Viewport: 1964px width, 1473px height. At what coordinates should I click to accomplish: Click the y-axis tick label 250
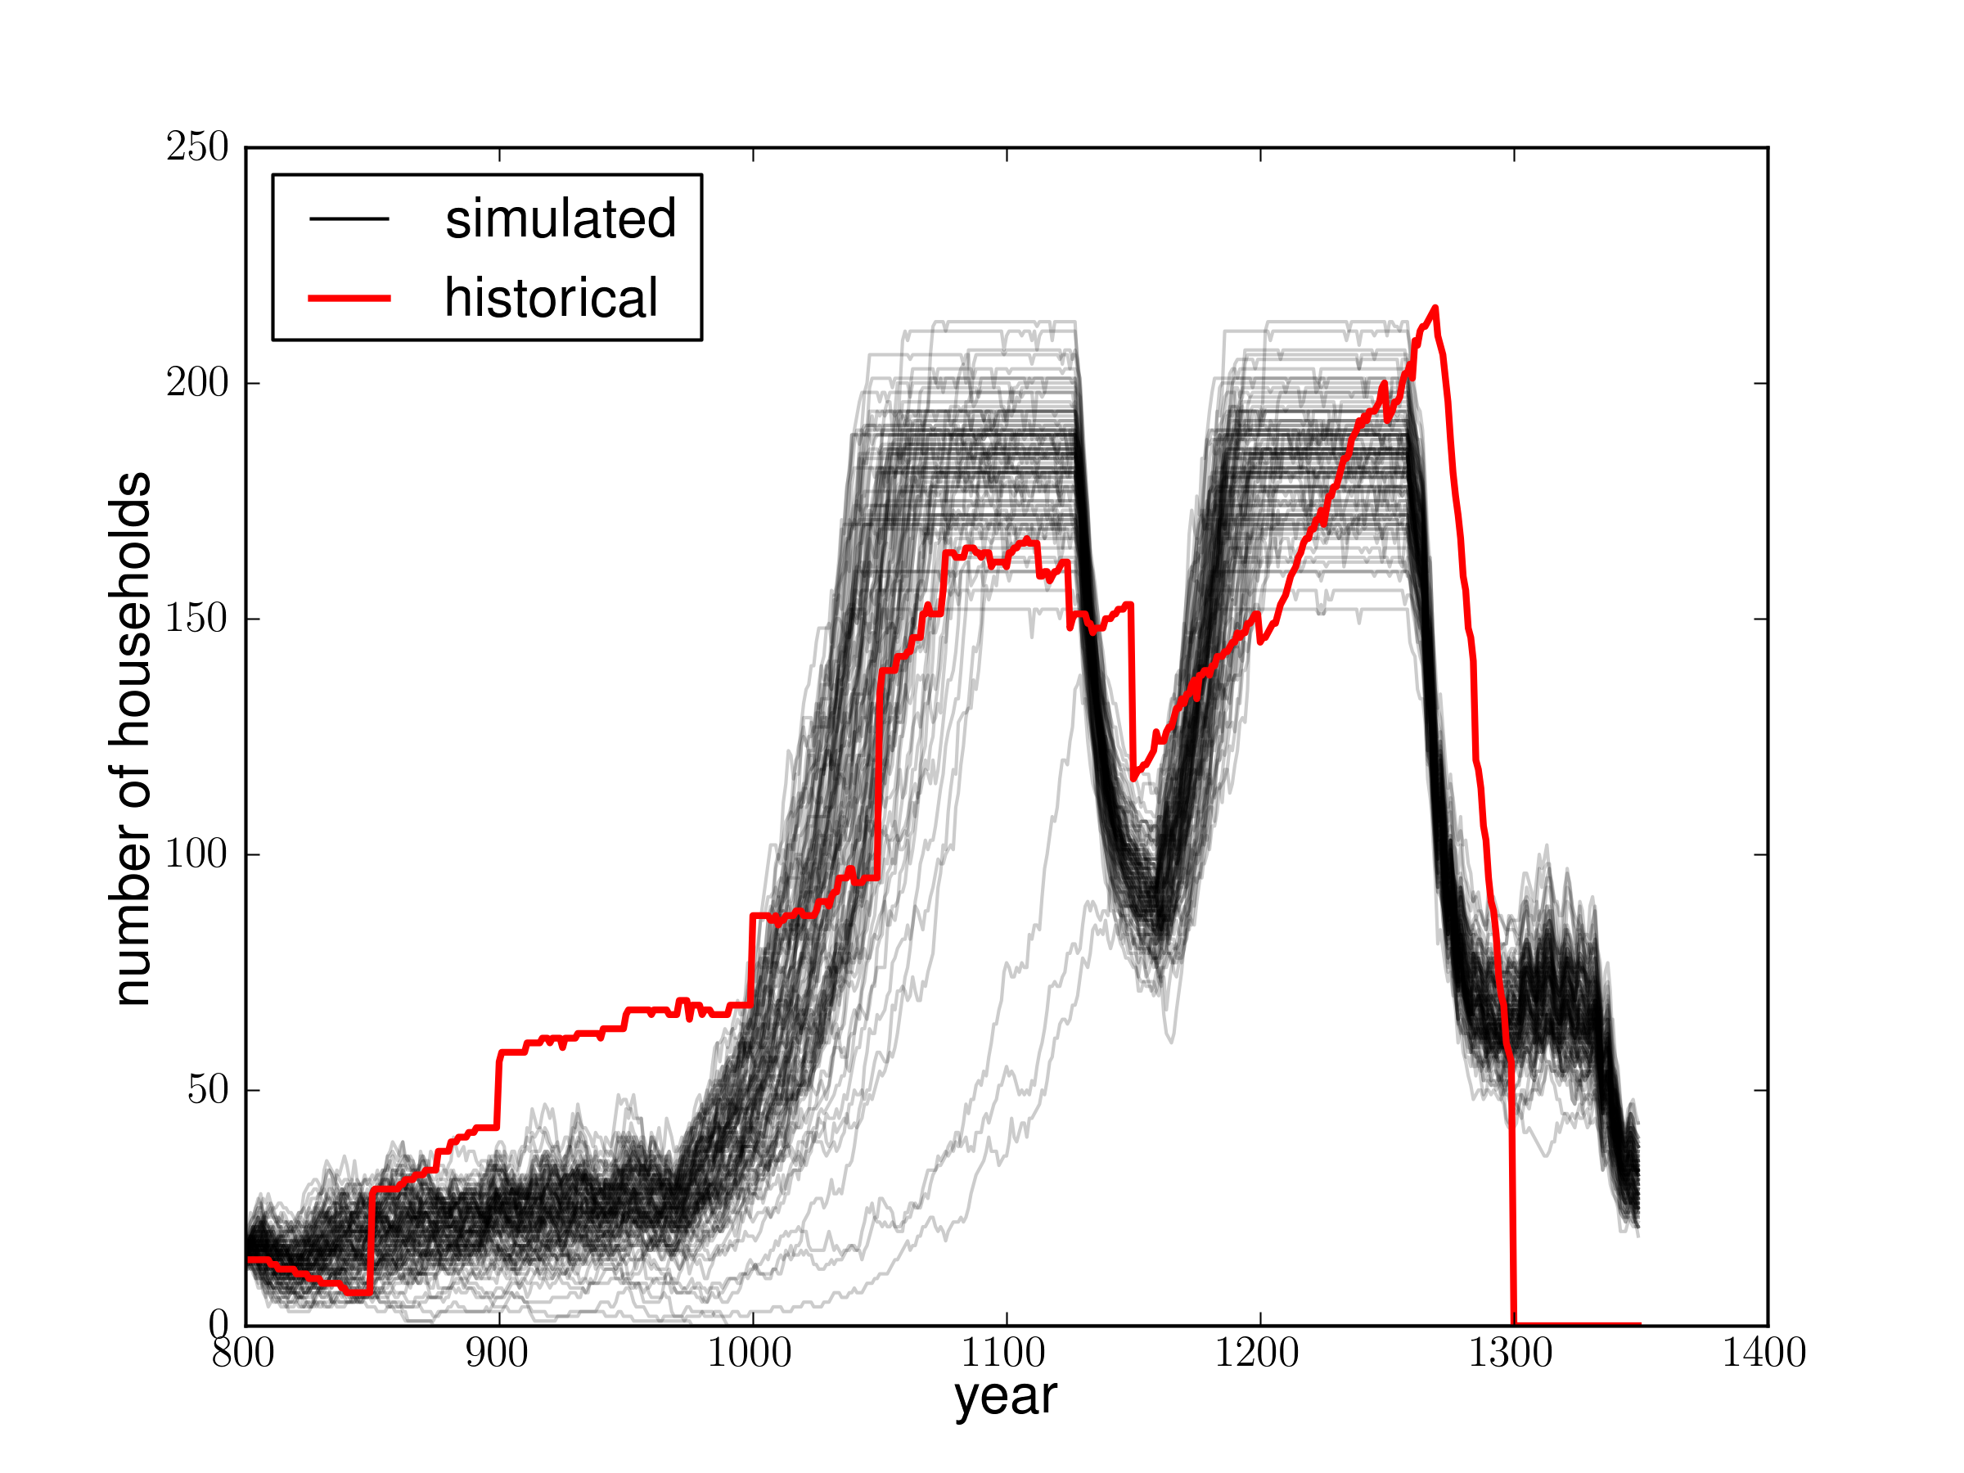[x=197, y=147]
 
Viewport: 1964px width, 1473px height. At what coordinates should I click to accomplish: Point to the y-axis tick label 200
[x=197, y=383]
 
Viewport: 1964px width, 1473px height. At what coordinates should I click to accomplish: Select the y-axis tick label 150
[x=197, y=618]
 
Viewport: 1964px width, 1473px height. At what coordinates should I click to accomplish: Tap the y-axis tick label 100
[x=197, y=854]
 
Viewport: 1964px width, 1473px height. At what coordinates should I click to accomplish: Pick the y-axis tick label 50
[x=208, y=1089]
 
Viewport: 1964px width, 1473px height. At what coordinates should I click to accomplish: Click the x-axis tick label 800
[x=242, y=1354]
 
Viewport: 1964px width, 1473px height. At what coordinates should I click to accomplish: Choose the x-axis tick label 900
[x=498, y=1354]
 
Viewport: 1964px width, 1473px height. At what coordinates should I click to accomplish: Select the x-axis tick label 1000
[x=750, y=1354]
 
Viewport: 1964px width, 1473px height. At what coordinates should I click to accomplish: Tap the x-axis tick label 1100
[x=1003, y=1354]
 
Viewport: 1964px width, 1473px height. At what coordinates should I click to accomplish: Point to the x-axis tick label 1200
[x=1257, y=1354]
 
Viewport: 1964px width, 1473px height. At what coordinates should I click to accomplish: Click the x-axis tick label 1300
[x=1511, y=1354]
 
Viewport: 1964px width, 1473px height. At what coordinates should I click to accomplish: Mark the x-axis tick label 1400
[x=1765, y=1354]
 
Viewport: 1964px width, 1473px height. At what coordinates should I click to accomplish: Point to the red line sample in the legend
[x=349, y=299]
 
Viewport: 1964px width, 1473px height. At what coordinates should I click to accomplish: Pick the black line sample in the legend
[x=349, y=218]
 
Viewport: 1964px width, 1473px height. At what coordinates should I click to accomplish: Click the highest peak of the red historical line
[x=1435, y=308]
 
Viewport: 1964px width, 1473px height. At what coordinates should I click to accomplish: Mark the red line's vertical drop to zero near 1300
[x=1512, y=1199]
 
